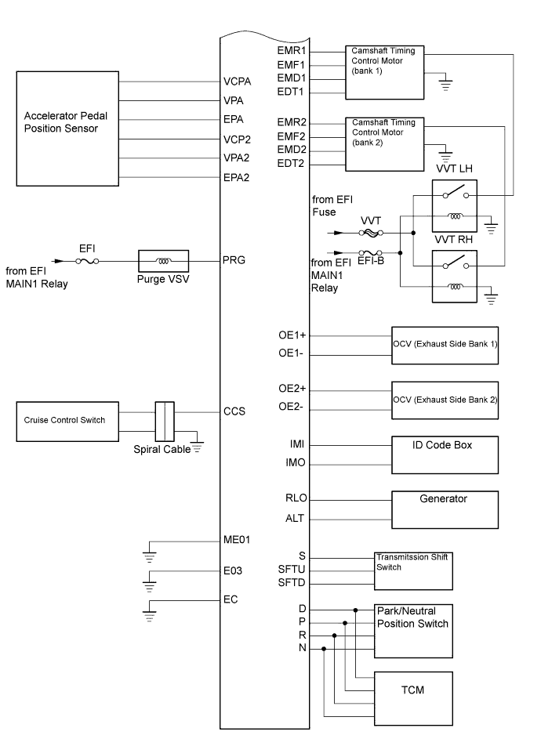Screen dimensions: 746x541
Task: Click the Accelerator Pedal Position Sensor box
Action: [67, 129]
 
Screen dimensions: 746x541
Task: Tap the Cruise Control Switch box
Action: [67, 420]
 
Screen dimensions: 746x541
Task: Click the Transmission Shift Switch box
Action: [413, 570]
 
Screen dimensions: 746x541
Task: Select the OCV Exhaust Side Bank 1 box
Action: [445, 345]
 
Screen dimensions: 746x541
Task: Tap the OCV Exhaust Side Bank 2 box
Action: [445, 400]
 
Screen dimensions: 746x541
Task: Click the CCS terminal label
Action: [234, 411]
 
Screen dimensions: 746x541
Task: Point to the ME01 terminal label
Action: [237, 540]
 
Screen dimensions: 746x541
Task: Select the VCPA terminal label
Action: [237, 81]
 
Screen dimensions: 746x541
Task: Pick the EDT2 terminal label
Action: [291, 164]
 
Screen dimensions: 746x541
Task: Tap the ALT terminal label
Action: [296, 518]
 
